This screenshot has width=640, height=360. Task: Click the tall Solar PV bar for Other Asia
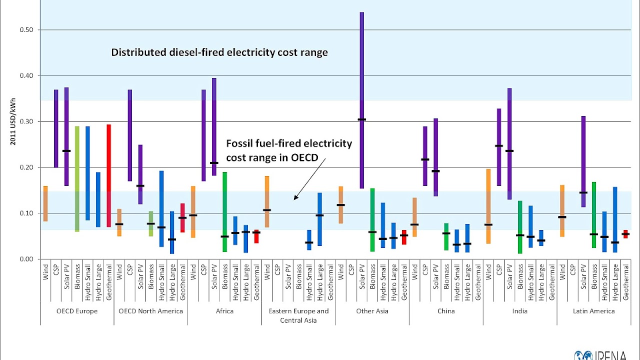click(x=362, y=100)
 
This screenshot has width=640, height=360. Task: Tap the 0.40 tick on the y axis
click(x=27, y=76)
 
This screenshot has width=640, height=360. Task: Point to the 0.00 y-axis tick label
click(x=27, y=259)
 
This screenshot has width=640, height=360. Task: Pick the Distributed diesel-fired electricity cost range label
click(x=219, y=52)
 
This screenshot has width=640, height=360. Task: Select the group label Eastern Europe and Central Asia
click(x=298, y=315)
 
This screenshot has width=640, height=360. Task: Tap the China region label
click(x=445, y=311)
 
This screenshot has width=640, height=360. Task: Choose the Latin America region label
click(x=593, y=311)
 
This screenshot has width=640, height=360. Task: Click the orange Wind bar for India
click(x=488, y=206)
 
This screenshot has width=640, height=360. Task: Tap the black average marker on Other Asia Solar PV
click(x=362, y=119)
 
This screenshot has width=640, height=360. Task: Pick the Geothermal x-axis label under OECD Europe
click(x=108, y=283)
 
